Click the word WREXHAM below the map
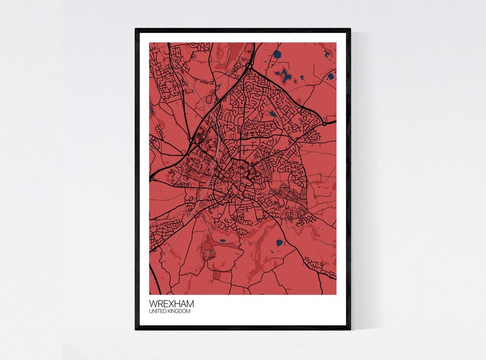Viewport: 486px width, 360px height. [x=172, y=304]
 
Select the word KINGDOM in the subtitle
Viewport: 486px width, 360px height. [x=179, y=312]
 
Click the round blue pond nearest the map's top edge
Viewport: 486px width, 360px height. [x=277, y=54]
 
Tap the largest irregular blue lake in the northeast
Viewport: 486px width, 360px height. [x=283, y=76]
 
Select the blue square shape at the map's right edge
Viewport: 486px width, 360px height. [x=331, y=77]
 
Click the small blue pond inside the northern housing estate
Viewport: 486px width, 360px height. [x=272, y=113]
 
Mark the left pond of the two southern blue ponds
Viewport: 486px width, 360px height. [x=222, y=241]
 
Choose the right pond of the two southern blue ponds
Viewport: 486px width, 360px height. [x=279, y=242]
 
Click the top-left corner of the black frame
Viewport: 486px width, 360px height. [x=136, y=30]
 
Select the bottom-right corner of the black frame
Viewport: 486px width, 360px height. [x=350, y=328]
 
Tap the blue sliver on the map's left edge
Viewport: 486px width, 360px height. [x=151, y=111]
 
